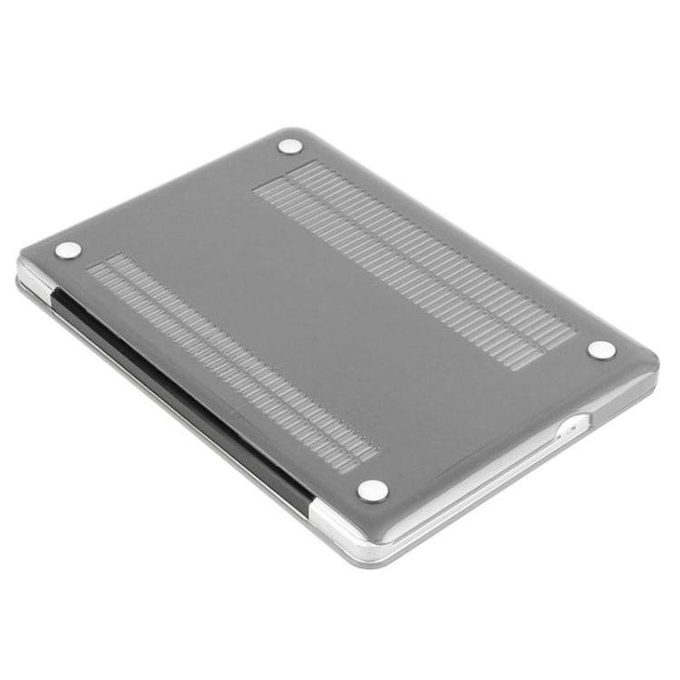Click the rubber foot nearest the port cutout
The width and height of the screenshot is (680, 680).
point(601,349)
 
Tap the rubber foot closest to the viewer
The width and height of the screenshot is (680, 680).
point(373,491)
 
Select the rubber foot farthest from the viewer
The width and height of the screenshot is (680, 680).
point(290,145)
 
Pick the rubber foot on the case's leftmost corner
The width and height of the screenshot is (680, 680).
point(67,250)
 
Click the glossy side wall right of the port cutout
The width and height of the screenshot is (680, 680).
point(626,394)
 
